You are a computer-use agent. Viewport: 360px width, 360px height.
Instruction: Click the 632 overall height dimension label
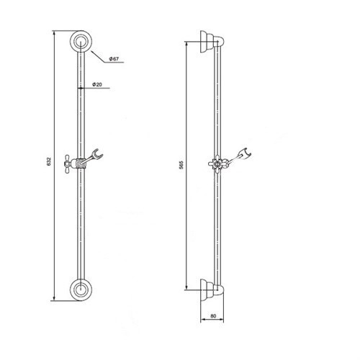[x=49, y=161]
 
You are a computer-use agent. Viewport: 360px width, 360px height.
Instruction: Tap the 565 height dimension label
[x=181, y=165]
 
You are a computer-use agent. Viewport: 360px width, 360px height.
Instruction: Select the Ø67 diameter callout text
[x=114, y=59]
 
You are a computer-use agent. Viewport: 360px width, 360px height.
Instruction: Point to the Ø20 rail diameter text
[x=97, y=84]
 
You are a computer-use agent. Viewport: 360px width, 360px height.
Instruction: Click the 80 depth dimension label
[x=213, y=316]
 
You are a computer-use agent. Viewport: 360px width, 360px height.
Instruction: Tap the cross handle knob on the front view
[x=68, y=164]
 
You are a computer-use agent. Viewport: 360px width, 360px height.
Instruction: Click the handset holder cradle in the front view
[x=97, y=154]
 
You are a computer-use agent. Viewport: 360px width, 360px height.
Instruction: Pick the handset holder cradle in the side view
[x=246, y=153]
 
